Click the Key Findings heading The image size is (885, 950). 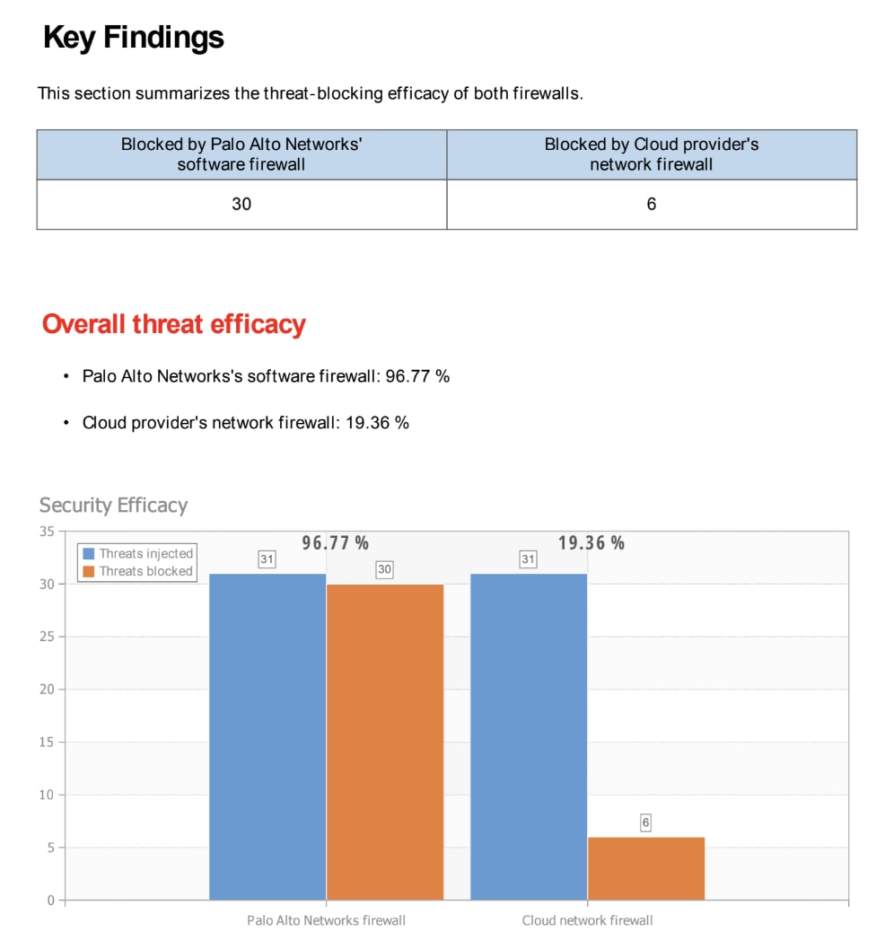[x=134, y=38]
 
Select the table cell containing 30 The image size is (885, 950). [x=241, y=204]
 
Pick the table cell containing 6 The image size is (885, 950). [x=652, y=204]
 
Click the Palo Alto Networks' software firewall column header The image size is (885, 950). [x=241, y=154]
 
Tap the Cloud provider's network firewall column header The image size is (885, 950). [x=652, y=154]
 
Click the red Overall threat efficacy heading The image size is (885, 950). [x=174, y=324]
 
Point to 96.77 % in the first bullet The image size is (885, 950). [x=417, y=376]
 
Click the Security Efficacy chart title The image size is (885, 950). [x=113, y=506]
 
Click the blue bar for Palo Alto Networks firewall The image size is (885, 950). [x=267, y=736]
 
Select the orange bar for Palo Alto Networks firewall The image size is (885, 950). [x=385, y=742]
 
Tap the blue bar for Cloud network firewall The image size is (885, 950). [x=529, y=736]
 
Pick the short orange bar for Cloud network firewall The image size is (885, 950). [x=646, y=868]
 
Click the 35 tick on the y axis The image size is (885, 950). [x=47, y=532]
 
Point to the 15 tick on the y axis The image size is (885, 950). [x=47, y=743]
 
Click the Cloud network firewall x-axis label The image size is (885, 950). [x=587, y=920]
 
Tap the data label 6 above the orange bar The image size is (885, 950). [x=645, y=822]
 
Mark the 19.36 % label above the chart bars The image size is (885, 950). [x=591, y=543]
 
